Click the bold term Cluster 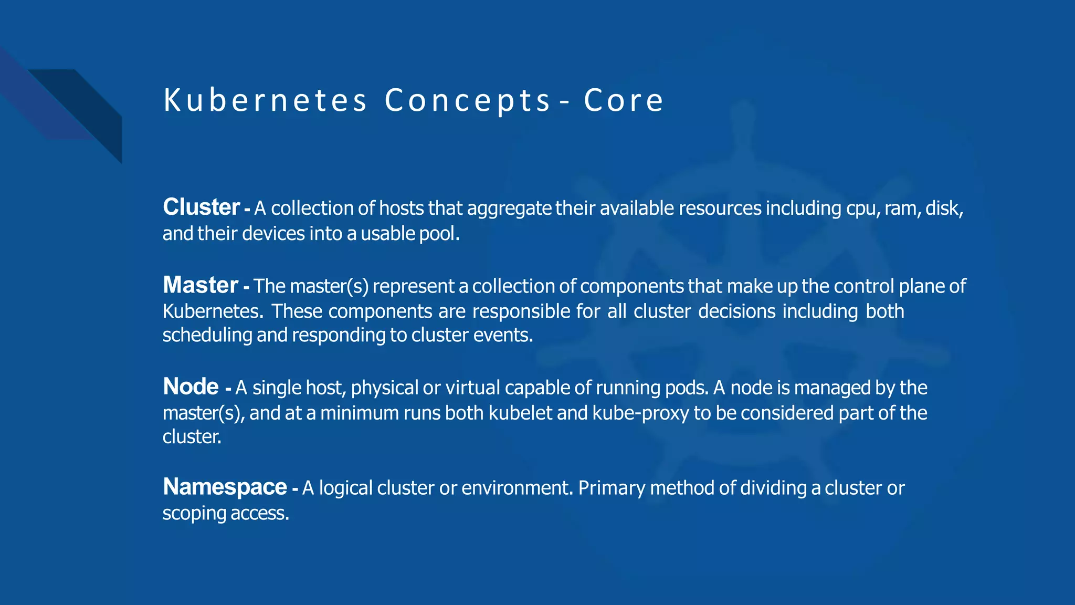point(201,207)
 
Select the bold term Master point(201,285)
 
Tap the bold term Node point(191,387)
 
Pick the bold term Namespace point(225,487)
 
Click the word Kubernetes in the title point(265,100)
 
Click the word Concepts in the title point(467,100)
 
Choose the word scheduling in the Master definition point(207,335)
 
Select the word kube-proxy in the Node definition point(640,413)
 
